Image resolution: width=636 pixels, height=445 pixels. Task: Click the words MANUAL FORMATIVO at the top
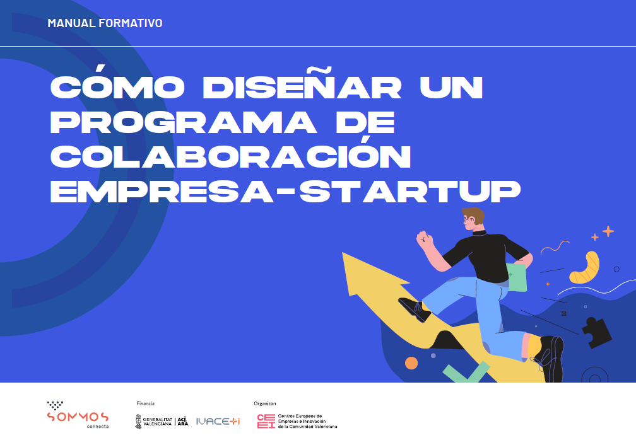(105, 23)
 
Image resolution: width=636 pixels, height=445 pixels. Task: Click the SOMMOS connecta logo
(78, 415)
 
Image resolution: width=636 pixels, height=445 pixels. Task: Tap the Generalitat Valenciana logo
(162, 421)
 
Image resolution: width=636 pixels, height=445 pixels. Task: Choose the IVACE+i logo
(218, 421)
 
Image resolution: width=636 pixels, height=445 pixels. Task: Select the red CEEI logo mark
(266, 421)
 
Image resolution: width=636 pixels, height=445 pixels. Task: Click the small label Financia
(145, 403)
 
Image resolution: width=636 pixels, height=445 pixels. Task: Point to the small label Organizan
(265, 403)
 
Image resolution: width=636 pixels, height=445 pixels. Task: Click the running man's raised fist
(424, 238)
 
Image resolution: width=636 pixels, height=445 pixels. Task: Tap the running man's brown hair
(474, 215)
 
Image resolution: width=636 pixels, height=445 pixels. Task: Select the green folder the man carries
(517, 277)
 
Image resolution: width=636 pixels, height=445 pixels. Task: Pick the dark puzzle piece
(596, 332)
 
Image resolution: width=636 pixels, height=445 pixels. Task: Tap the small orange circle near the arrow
(411, 363)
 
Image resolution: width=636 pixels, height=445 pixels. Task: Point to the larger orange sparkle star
(608, 231)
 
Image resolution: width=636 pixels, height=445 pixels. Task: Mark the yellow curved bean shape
(586, 268)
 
